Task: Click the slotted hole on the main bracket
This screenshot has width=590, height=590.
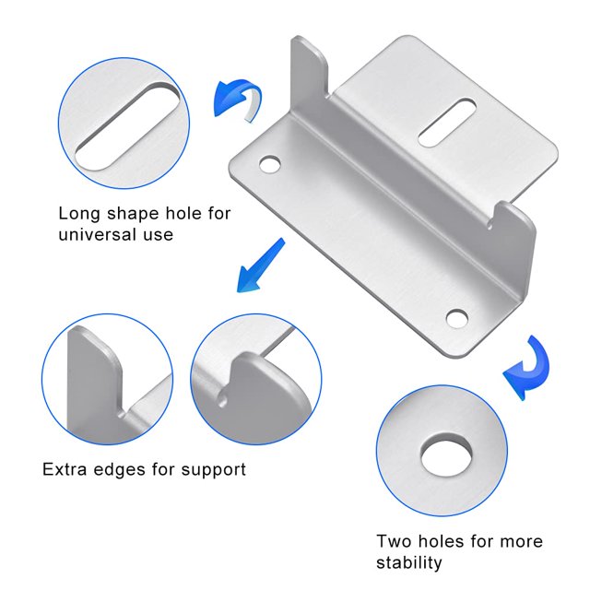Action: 446,122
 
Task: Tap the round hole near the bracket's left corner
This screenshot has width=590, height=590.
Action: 270,164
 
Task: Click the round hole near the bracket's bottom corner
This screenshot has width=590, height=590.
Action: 457,318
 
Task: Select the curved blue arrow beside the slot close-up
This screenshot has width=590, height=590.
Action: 237,100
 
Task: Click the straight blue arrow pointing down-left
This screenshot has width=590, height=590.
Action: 260,265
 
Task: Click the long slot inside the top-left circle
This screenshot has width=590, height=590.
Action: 127,126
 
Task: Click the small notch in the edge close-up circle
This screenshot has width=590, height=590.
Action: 223,399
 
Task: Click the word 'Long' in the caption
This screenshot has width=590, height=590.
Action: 79,214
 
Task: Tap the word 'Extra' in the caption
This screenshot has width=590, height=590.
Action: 65,469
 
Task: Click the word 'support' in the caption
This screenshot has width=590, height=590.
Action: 213,470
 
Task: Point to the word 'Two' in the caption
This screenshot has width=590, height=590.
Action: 394,541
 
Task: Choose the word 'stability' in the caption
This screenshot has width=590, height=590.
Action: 409,563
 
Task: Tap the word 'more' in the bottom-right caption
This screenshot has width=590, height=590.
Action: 521,542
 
